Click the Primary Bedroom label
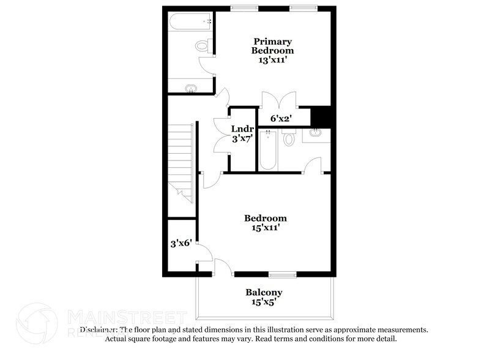(272, 45)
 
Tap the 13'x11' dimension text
(273, 61)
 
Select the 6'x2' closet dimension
(281, 118)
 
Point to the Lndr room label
(242, 129)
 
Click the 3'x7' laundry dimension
(242, 138)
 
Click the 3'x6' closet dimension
(181, 243)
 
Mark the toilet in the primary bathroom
(203, 45)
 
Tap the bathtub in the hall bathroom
(268, 151)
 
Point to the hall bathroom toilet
(289, 138)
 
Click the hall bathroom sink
(316, 133)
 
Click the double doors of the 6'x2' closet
(278, 100)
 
